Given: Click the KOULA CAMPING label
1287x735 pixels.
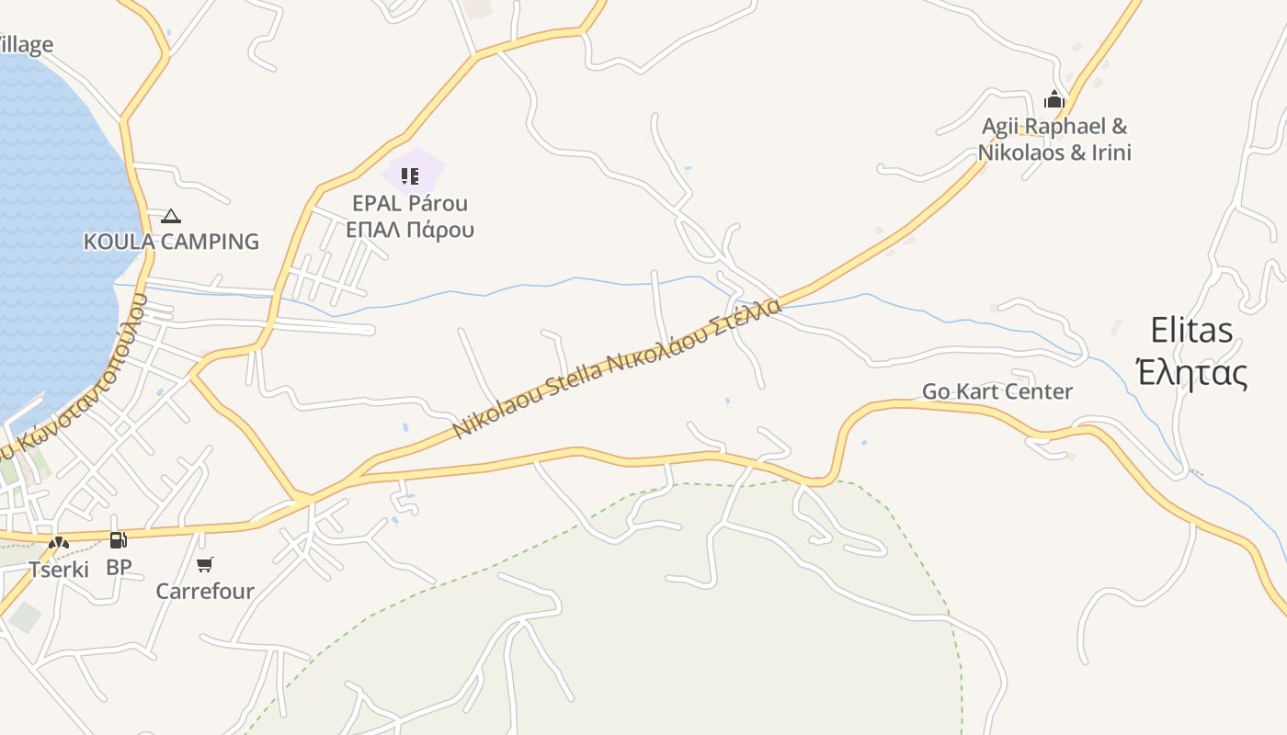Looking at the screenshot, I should (171, 242).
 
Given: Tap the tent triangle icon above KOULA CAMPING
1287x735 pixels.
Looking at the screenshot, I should (170, 217).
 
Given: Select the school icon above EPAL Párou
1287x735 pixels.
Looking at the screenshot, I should (410, 175).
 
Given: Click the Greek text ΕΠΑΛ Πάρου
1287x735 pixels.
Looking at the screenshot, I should (410, 230).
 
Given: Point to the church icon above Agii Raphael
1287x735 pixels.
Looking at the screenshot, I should (1054, 99).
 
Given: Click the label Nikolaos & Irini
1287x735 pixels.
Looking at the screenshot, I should (1054, 153).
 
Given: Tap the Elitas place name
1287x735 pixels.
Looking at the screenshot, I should (1191, 330).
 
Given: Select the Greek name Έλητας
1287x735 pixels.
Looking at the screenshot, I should (1191, 374).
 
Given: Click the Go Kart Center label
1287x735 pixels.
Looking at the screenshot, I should (997, 391).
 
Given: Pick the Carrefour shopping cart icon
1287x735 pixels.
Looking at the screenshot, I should (205, 564).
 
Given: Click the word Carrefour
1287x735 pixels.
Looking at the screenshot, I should (205, 591).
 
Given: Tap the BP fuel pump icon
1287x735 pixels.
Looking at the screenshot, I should (118, 540).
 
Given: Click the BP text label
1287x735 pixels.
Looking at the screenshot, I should (119, 568).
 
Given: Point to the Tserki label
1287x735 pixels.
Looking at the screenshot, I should (59, 570).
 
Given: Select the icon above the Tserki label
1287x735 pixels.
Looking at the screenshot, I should (59, 543).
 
